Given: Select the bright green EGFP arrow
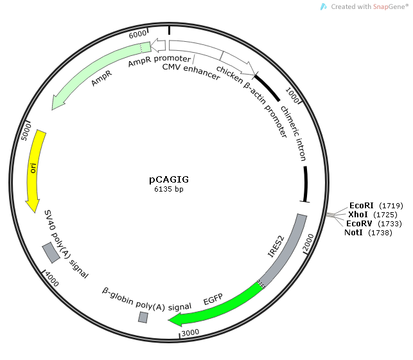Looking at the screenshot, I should coord(218,305).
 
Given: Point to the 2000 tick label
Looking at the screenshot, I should coord(309,243).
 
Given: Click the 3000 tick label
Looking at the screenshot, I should coord(191,332).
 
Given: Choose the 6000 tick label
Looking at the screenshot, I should coord(137,34).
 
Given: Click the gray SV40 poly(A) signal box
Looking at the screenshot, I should coord(51,253).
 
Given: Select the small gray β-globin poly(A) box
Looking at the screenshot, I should coord(143,317).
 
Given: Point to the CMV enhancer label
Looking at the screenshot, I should coord(190,67).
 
